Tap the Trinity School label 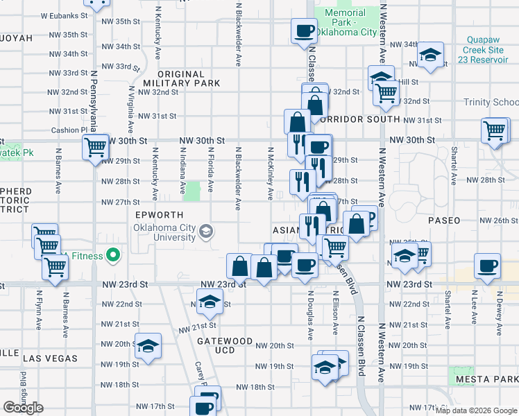pos(492,102)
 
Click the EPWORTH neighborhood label pos(159,215)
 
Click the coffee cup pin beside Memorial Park pos(305,31)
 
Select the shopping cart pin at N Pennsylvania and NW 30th pos(95,146)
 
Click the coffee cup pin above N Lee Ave pos(487,266)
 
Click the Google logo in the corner pos(23,408)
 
